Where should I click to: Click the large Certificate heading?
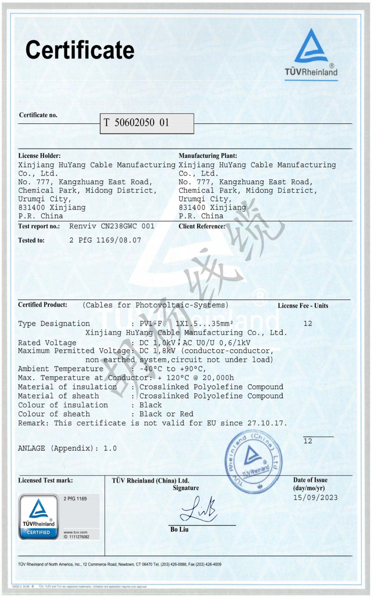tap(80, 50)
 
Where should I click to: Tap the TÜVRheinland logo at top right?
tap(311, 54)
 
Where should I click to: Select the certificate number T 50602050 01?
tap(136, 123)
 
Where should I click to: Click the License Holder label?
tap(39, 155)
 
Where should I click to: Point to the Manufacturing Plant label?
tap(207, 155)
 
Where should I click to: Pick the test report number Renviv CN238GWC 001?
tap(112, 226)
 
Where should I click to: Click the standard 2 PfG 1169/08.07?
tap(105, 240)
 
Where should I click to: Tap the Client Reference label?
tap(202, 226)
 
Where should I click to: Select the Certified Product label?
tap(43, 305)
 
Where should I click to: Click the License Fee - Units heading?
tap(303, 306)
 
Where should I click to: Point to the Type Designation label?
tap(54, 324)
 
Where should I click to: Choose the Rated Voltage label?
tap(47, 343)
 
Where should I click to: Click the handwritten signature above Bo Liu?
tap(198, 509)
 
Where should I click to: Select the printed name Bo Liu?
tap(179, 529)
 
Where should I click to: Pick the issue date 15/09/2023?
tap(315, 497)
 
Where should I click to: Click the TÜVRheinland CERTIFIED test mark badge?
tap(39, 517)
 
